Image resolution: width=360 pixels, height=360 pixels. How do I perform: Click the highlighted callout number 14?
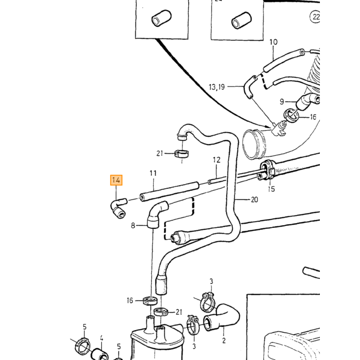116,180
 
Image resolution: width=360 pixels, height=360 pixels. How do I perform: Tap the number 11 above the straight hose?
153,173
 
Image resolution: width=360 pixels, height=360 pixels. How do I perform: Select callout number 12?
217,160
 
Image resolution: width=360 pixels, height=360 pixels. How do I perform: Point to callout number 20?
254,200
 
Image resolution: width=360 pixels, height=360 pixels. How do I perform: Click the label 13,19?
217,87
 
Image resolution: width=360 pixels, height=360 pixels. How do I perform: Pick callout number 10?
273,42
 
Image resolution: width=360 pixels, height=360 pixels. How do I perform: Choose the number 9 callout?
282,101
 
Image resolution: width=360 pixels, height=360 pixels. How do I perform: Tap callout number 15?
271,189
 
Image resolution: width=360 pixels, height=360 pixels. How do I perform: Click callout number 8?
133,225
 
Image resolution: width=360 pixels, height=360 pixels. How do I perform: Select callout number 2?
224,340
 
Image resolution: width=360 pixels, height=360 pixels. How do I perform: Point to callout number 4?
101,338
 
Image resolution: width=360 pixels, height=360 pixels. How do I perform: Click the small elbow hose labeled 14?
118,207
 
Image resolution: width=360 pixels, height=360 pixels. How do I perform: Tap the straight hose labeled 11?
169,192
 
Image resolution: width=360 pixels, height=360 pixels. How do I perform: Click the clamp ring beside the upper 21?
182,153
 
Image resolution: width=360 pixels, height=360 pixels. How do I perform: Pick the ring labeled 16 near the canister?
150,301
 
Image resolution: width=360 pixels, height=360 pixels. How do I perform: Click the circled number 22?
315,17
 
